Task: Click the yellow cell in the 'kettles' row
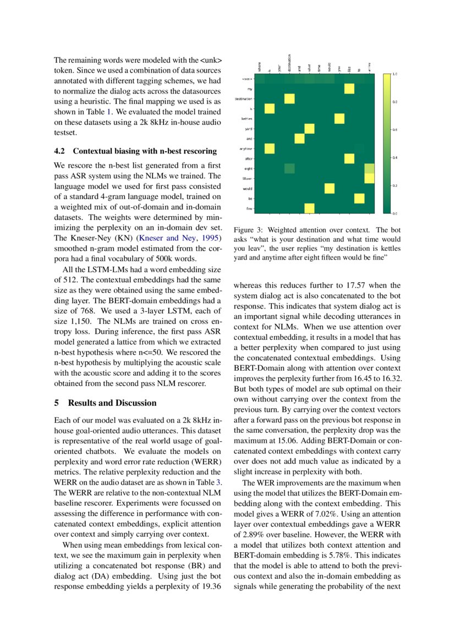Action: (x=339, y=119)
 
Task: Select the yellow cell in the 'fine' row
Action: (x=309, y=208)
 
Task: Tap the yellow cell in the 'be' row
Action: (x=359, y=198)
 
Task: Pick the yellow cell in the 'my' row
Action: (x=349, y=89)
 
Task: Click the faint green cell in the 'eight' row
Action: (x=289, y=168)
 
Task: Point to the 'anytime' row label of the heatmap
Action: (x=245, y=149)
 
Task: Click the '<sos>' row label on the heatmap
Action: (x=247, y=79)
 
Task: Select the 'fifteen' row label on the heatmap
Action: (x=248, y=178)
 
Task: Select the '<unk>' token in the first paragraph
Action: (x=211, y=60)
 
